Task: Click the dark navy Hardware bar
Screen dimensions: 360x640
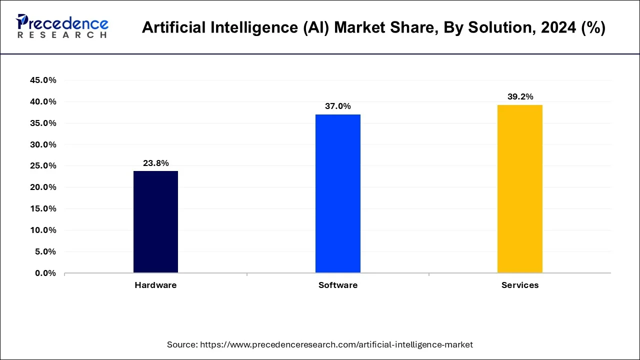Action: click(x=155, y=221)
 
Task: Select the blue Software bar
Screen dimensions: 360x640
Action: click(x=337, y=193)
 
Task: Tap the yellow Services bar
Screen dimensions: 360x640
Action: click(x=519, y=188)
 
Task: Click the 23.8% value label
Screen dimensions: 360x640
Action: click(x=155, y=163)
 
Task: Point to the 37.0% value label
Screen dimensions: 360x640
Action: click(x=337, y=106)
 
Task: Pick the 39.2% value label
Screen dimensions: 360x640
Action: click(x=520, y=96)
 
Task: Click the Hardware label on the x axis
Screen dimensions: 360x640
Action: click(x=155, y=285)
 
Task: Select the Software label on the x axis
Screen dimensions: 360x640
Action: click(x=337, y=285)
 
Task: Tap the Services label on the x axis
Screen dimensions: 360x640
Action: click(x=520, y=285)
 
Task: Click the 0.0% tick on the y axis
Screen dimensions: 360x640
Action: click(x=44, y=273)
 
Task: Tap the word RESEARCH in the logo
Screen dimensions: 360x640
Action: click(x=62, y=35)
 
